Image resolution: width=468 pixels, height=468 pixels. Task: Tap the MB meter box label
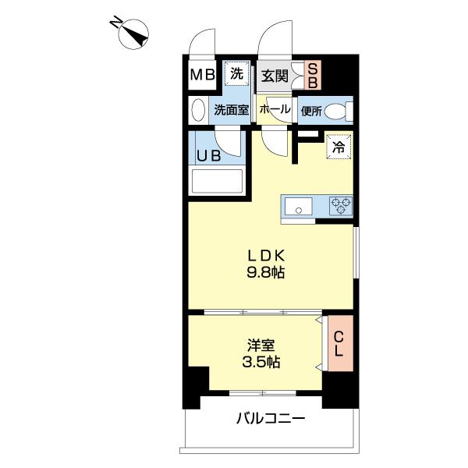click(x=204, y=76)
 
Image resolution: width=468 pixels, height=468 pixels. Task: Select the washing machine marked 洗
click(x=236, y=73)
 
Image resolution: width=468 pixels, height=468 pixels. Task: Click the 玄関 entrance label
click(x=275, y=76)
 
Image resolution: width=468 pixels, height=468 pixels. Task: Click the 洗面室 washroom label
click(x=232, y=110)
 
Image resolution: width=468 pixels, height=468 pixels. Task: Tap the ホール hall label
click(x=275, y=110)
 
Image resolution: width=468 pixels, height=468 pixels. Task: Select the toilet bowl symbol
click(x=338, y=112)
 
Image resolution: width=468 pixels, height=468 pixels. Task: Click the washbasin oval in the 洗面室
click(x=198, y=109)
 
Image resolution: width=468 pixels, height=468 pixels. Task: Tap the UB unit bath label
click(x=208, y=155)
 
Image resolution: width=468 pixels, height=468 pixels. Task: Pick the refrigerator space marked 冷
click(x=339, y=147)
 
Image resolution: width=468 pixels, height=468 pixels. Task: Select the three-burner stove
click(x=340, y=206)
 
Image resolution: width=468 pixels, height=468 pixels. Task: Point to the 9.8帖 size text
click(x=266, y=274)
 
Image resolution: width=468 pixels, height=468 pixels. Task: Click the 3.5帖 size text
click(x=262, y=362)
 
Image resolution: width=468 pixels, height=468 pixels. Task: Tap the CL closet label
click(x=339, y=343)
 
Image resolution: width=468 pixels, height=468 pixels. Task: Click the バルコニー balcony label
click(x=270, y=419)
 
